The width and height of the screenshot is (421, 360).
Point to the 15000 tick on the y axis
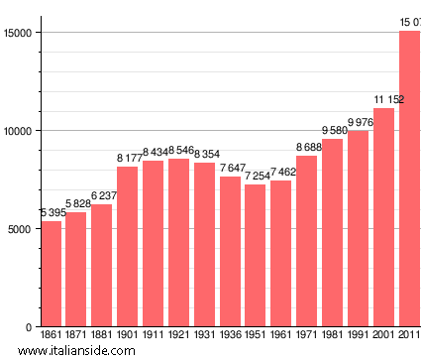point(18,33)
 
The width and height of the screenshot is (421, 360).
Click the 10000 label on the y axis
point(18,131)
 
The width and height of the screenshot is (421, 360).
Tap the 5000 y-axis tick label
point(21,229)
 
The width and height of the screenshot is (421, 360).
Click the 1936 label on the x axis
point(230,335)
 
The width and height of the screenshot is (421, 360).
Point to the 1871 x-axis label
point(76,335)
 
